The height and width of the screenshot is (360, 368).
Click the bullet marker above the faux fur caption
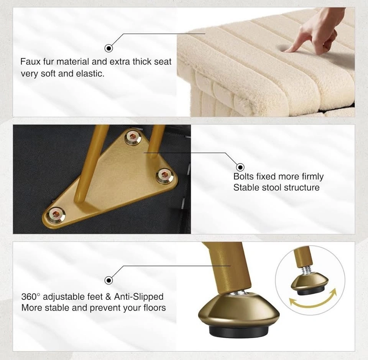click(108, 48)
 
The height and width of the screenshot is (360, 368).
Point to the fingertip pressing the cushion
click(287, 50)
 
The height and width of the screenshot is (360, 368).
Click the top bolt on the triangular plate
click(133, 137)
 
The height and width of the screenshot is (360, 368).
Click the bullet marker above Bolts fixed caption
click(240, 167)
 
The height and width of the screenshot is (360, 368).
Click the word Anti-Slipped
click(139, 297)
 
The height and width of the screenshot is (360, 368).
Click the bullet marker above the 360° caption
click(108, 280)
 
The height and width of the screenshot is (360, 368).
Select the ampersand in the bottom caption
click(108, 297)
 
